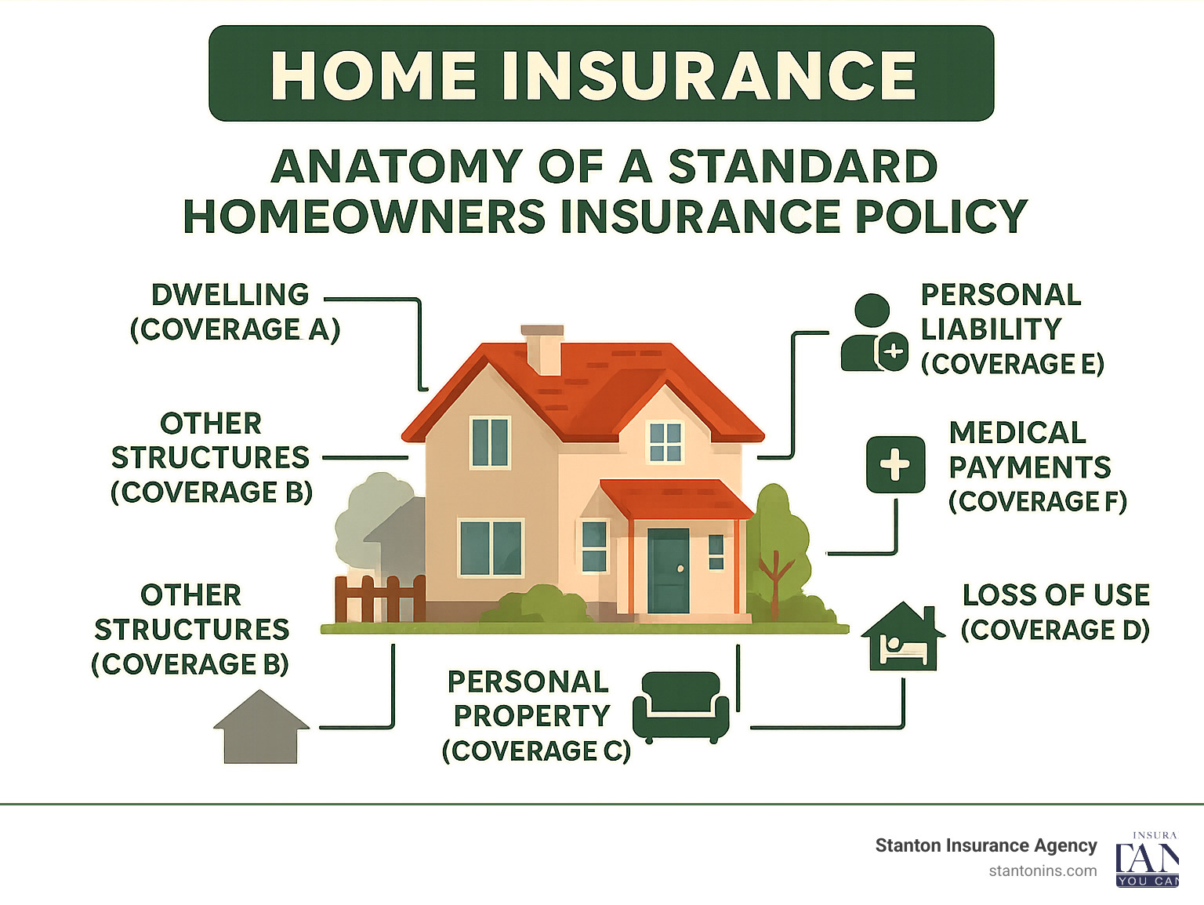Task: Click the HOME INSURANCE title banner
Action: tap(601, 74)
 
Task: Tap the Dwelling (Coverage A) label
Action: tap(234, 312)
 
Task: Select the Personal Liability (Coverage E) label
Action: tap(1011, 329)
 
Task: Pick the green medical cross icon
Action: tap(895, 465)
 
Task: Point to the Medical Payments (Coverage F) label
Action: tap(1036, 467)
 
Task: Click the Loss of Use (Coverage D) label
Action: tap(1055, 612)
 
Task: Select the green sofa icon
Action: tap(680, 707)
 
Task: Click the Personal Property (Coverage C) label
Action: tap(535, 716)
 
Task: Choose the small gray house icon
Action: tap(261, 727)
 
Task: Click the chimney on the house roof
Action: tap(542, 348)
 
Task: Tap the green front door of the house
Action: tap(668, 570)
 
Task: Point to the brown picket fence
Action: tap(380, 598)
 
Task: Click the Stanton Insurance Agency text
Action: tap(985, 845)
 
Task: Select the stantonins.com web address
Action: tap(1042, 871)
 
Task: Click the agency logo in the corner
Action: tap(1148, 860)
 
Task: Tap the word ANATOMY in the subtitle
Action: tap(397, 166)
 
